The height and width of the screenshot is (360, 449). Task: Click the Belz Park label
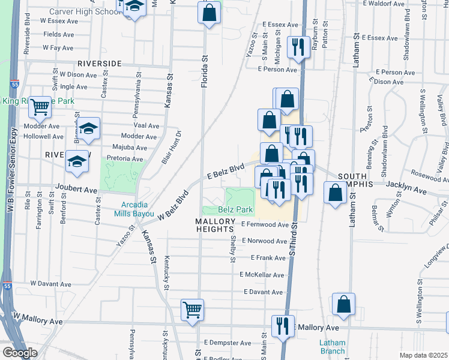[235, 210]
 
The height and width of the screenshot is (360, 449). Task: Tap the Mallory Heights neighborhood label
[214, 225]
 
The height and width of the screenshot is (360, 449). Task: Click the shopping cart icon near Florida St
[192, 311]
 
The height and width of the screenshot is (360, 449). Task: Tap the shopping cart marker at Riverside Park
[40, 107]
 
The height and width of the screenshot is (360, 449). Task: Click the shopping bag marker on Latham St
[343, 305]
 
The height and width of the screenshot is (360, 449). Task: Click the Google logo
[19, 353]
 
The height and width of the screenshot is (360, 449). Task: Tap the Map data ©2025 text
[423, 355]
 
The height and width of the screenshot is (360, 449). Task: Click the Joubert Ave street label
[76, 190]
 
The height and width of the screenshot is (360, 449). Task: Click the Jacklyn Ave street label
[406, 191]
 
